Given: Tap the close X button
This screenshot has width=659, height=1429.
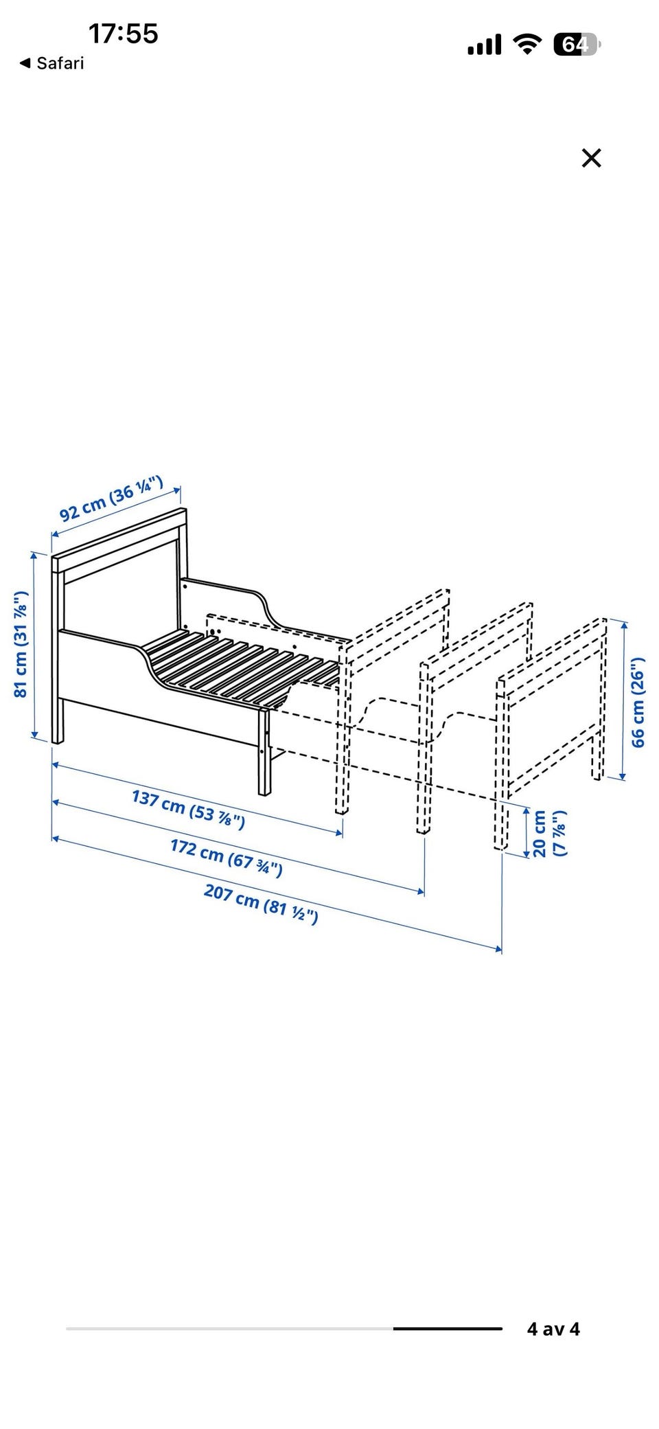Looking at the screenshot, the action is click(x=591, y=158).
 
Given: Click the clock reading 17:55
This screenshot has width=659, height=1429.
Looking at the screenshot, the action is click(x=124, y=34).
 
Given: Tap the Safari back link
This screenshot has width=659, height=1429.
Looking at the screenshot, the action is click(x=51, y=63).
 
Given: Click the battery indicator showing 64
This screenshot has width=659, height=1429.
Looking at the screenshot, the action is click(x=577, y=45).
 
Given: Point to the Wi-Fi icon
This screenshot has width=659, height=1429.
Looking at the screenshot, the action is click(x=527, y=45).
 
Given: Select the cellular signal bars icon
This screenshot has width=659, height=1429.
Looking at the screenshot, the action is click(x=485, y=45).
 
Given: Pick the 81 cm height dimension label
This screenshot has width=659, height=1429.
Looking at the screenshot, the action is click(x=21, y=644).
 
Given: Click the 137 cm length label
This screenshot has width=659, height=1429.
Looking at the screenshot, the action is click(x=188, y=809).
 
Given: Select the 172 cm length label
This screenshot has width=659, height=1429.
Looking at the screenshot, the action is click(x=227, y=858).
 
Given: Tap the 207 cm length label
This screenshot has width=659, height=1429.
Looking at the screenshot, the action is click(x=261, y=904).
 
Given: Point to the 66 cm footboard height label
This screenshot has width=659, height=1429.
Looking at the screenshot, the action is click(x=638, y=702).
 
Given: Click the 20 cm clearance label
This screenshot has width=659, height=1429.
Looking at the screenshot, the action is click(x=549, y=833).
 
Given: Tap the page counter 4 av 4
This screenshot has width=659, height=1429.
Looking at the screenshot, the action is click(x=553, y=1329).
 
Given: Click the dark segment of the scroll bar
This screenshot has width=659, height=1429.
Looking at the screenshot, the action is click(x=448, y=1329).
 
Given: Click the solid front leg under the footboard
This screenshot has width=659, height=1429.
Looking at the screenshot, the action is click(x=264, y=752).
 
